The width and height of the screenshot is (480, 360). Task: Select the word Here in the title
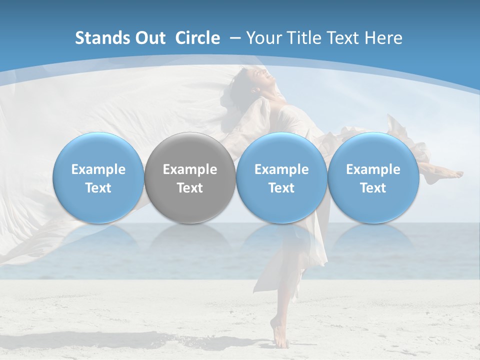click(x=383, y=38)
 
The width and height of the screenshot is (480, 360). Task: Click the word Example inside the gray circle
click(x=190, y=170)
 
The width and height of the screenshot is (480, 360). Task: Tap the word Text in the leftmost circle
click(x=98, y=188)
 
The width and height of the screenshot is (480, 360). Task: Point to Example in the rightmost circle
click(x=373, y=170)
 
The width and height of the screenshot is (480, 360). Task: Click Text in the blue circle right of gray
click(x=281, y=188)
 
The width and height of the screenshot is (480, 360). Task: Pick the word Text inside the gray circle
click(x=190, y=188)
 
